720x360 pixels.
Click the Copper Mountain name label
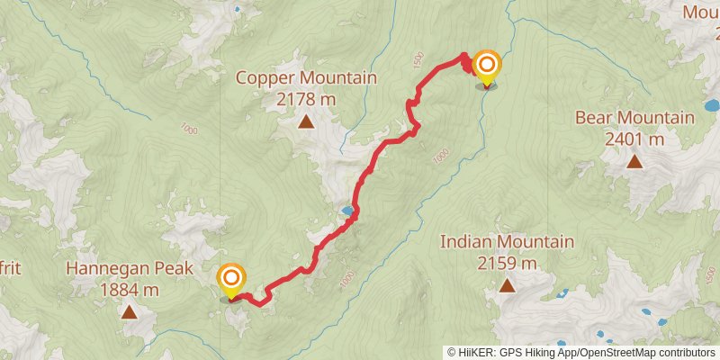(x=306, y=78)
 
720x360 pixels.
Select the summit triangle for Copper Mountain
(x=306, y=121)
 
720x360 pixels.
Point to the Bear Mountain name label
(x=634, y=118)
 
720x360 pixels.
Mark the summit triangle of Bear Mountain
(x=634, y=162)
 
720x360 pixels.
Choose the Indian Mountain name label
(x=507, y=242)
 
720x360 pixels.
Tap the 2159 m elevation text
(x=507, y=263)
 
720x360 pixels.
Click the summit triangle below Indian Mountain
(x=507, y=286)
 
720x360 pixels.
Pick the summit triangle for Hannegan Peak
(x=129, y=312)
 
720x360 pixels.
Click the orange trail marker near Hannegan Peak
(x=231, y=277)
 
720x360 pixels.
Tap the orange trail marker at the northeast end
(x=487, y=65)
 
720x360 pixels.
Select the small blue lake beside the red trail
(x=346, y=211)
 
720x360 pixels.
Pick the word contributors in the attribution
(x=682, y=352)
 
